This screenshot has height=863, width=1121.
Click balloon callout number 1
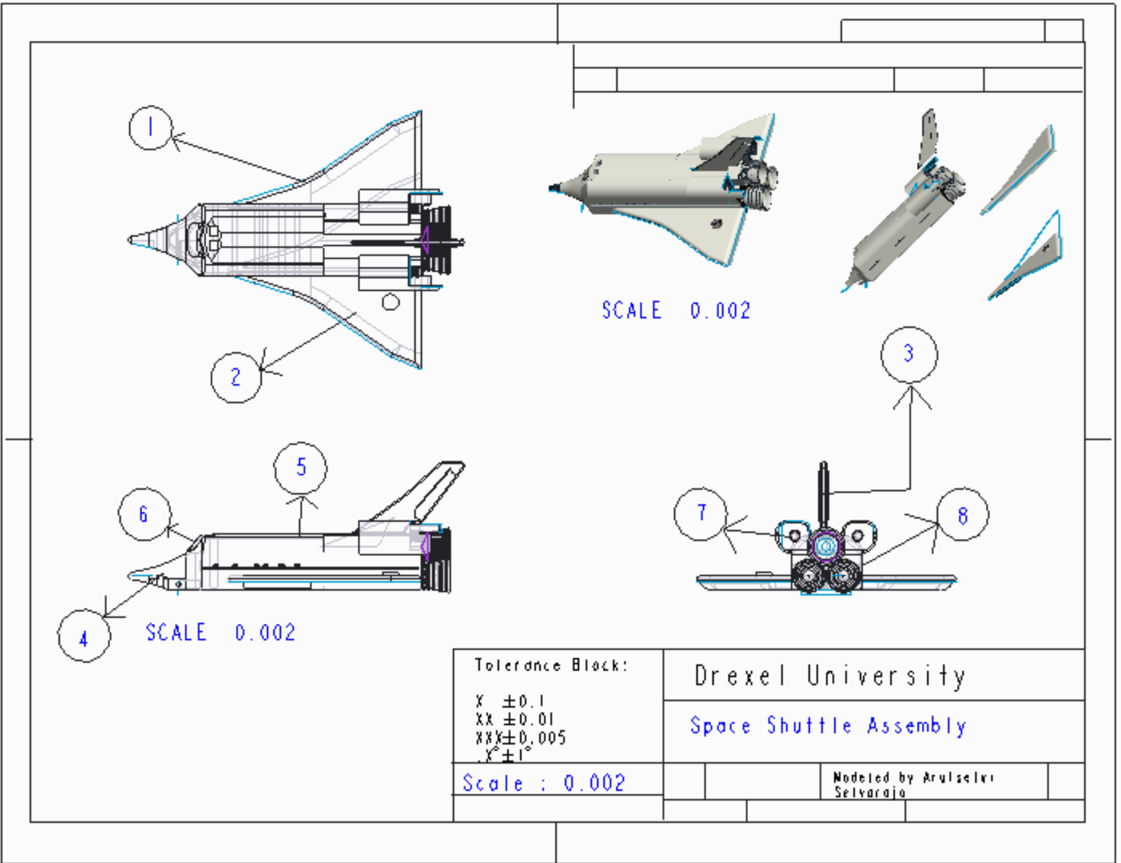[151, 127]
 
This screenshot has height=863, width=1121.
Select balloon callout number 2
[236, 377]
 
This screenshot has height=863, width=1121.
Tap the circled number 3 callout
[909, 354]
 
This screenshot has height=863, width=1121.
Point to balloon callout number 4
[84, 636]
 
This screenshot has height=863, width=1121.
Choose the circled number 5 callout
[301, 468]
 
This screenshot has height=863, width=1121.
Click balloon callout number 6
[144, 514]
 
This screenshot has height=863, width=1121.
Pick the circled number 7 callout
[701, 514]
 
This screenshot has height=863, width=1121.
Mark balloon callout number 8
[962, 514]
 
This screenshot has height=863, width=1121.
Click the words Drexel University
[829, 675]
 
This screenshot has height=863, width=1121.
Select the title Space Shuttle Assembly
[827, 726]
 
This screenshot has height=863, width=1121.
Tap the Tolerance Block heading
[551, 665]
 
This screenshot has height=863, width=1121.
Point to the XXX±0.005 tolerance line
[520, 738]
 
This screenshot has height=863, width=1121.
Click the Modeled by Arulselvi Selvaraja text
[913, 784]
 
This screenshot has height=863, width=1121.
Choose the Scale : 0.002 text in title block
[544, 783]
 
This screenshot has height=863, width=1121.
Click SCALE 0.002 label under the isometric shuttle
[676, 311]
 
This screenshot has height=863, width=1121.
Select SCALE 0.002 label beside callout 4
[220, 632]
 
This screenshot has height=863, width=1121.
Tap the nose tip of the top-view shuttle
[131, 240]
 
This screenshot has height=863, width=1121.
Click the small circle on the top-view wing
[390, 301]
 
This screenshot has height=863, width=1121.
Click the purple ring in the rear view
[826, 547]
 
